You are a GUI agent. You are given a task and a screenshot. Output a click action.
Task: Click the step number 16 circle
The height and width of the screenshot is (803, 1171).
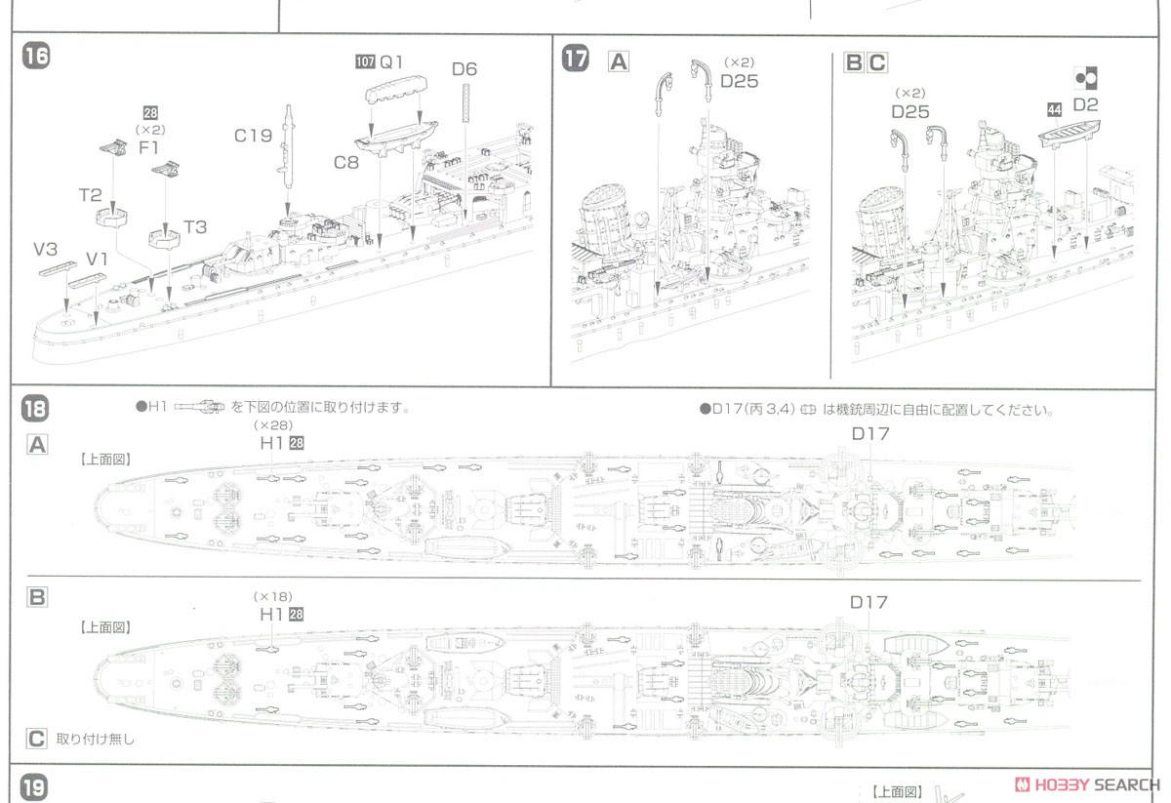[35, 57]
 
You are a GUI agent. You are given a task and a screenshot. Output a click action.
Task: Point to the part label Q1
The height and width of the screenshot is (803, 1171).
[391, 61]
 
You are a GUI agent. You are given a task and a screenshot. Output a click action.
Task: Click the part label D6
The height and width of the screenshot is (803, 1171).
[464, 69]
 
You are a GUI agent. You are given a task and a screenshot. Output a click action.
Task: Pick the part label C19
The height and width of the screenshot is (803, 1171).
[253, 137]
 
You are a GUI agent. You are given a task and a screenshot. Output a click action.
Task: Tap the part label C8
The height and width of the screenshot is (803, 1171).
[346, 162]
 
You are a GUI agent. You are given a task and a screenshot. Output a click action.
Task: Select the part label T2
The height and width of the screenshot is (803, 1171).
[91, 194]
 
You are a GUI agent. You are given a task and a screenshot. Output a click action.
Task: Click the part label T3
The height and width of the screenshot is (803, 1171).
[195, 226]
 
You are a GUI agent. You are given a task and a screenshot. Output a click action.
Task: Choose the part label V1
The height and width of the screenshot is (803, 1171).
[97, 259]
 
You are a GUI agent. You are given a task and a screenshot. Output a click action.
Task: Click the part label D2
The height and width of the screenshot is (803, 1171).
[1085, 104]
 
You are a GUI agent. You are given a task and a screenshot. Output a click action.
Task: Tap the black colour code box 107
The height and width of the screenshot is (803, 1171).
[364, 61]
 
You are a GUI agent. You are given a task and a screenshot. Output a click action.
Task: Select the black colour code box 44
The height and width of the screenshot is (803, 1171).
[1053, 109]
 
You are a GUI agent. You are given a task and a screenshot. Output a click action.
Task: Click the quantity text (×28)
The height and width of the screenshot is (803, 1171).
[273, 426]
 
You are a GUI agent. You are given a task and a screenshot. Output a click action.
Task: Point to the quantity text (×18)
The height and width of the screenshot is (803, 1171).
[273, 597]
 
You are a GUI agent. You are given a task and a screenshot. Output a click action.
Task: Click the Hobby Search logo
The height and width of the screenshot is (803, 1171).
[1087, 784]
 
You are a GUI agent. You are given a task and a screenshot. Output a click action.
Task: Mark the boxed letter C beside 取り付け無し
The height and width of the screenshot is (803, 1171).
[36, 739]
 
